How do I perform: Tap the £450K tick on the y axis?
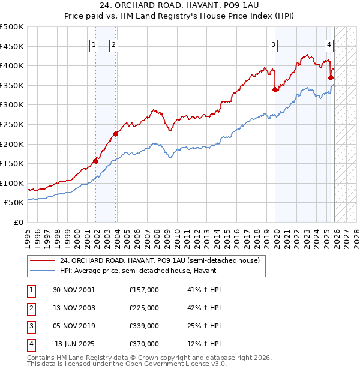[12, 46]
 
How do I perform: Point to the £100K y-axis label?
[12, 183]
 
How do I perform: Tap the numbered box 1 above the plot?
[94, 44]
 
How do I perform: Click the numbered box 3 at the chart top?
[273, 44]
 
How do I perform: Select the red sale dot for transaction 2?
[116, 134]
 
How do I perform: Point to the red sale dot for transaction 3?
[275, 90]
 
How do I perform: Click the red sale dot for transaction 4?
[331, 77]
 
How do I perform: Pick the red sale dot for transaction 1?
[95, 161]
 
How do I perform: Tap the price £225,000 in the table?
[144, 308]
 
